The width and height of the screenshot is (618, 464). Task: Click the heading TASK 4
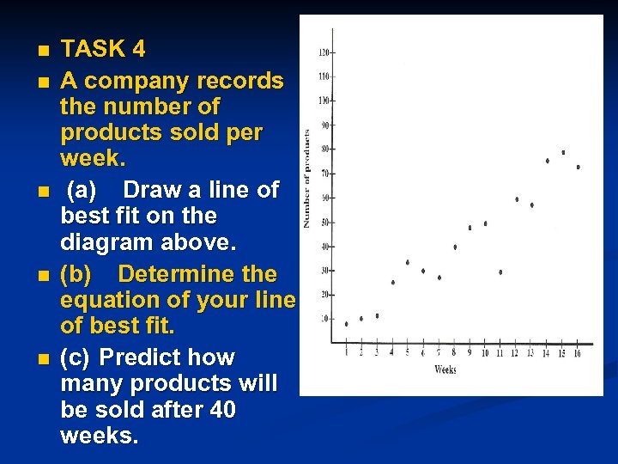[102, 49]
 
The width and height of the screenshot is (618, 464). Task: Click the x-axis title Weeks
[445, 370]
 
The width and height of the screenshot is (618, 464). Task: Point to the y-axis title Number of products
[306, 178]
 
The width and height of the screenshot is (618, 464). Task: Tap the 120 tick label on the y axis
[324, 52]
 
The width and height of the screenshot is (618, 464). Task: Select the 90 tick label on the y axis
[324, 125]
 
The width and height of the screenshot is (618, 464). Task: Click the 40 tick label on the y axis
[324, 247]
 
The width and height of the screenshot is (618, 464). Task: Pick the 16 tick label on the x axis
[578, 353]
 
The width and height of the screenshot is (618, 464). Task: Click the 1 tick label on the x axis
[346, 353]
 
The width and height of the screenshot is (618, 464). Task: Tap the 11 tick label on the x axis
[500, 353]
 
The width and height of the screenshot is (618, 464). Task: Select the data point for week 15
[563, 152]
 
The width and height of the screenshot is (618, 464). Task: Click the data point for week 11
[500, 272]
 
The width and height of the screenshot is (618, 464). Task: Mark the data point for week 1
[346, 324]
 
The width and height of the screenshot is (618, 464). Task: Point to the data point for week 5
[408, 262]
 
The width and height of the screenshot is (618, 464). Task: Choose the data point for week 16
[578, 167]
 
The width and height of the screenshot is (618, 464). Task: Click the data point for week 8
[455, 247]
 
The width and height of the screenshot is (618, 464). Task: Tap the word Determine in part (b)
[197, 274]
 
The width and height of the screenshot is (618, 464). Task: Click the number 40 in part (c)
[223, 410]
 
